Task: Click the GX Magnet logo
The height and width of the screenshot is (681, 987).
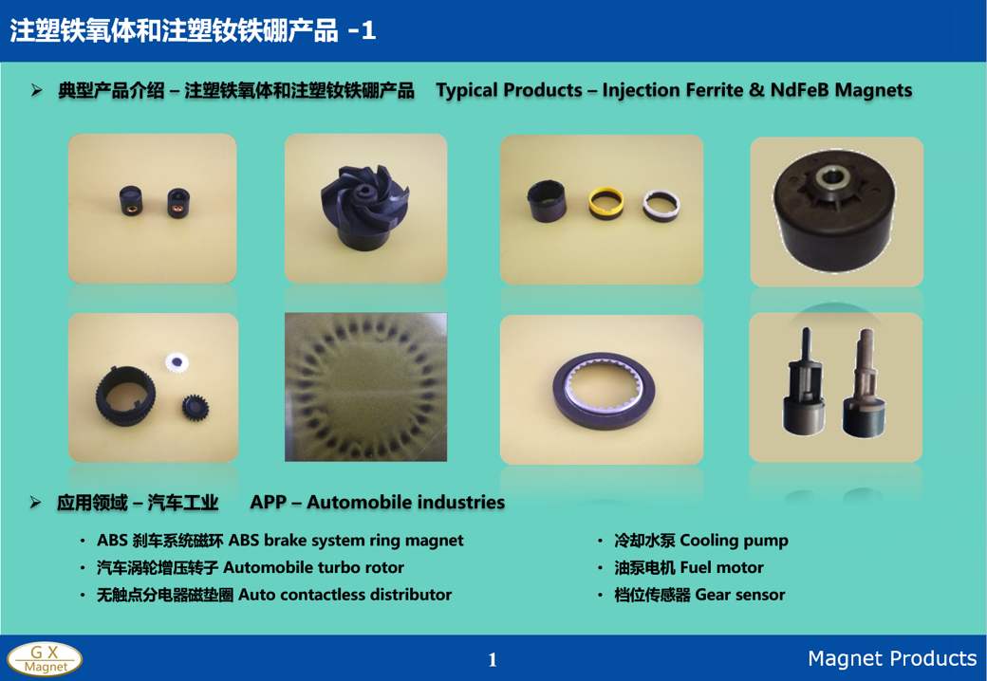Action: pyautogui.click(x=45, y=659)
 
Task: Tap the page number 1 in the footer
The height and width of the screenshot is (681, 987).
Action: pyautogui.click(x=493, y=659)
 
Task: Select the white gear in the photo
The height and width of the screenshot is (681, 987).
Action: pyautogui.click(x=177, y=362)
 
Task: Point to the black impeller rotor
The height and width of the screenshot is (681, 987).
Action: pyautogui.click(x=365, y=207)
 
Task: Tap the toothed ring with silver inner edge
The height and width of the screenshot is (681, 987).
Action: pyautogui.click(x=604, y=391)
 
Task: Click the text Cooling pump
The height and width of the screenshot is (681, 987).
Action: pyautogui.click(x=734, y=541)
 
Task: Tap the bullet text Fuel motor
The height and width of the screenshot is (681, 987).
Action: pyautogui.click(x=722, y=568)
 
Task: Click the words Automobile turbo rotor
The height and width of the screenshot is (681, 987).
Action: pyautogui.click(x=313, y=568)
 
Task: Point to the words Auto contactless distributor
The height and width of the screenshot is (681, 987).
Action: pyautogui.click(x=345, y=595)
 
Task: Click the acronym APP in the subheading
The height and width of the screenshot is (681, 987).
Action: pyautogui.click(x=269, y=503)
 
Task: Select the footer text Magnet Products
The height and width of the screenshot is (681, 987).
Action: pyautogui.click(x=892, y=658)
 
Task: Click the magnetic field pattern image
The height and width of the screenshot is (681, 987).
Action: pyautogui.click(x=365, y=387)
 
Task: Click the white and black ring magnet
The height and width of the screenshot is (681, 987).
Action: pyautogui.click(x=661, y=206)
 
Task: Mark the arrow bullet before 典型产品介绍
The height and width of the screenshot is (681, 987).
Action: pyautogui.click(x=36, y=90)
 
